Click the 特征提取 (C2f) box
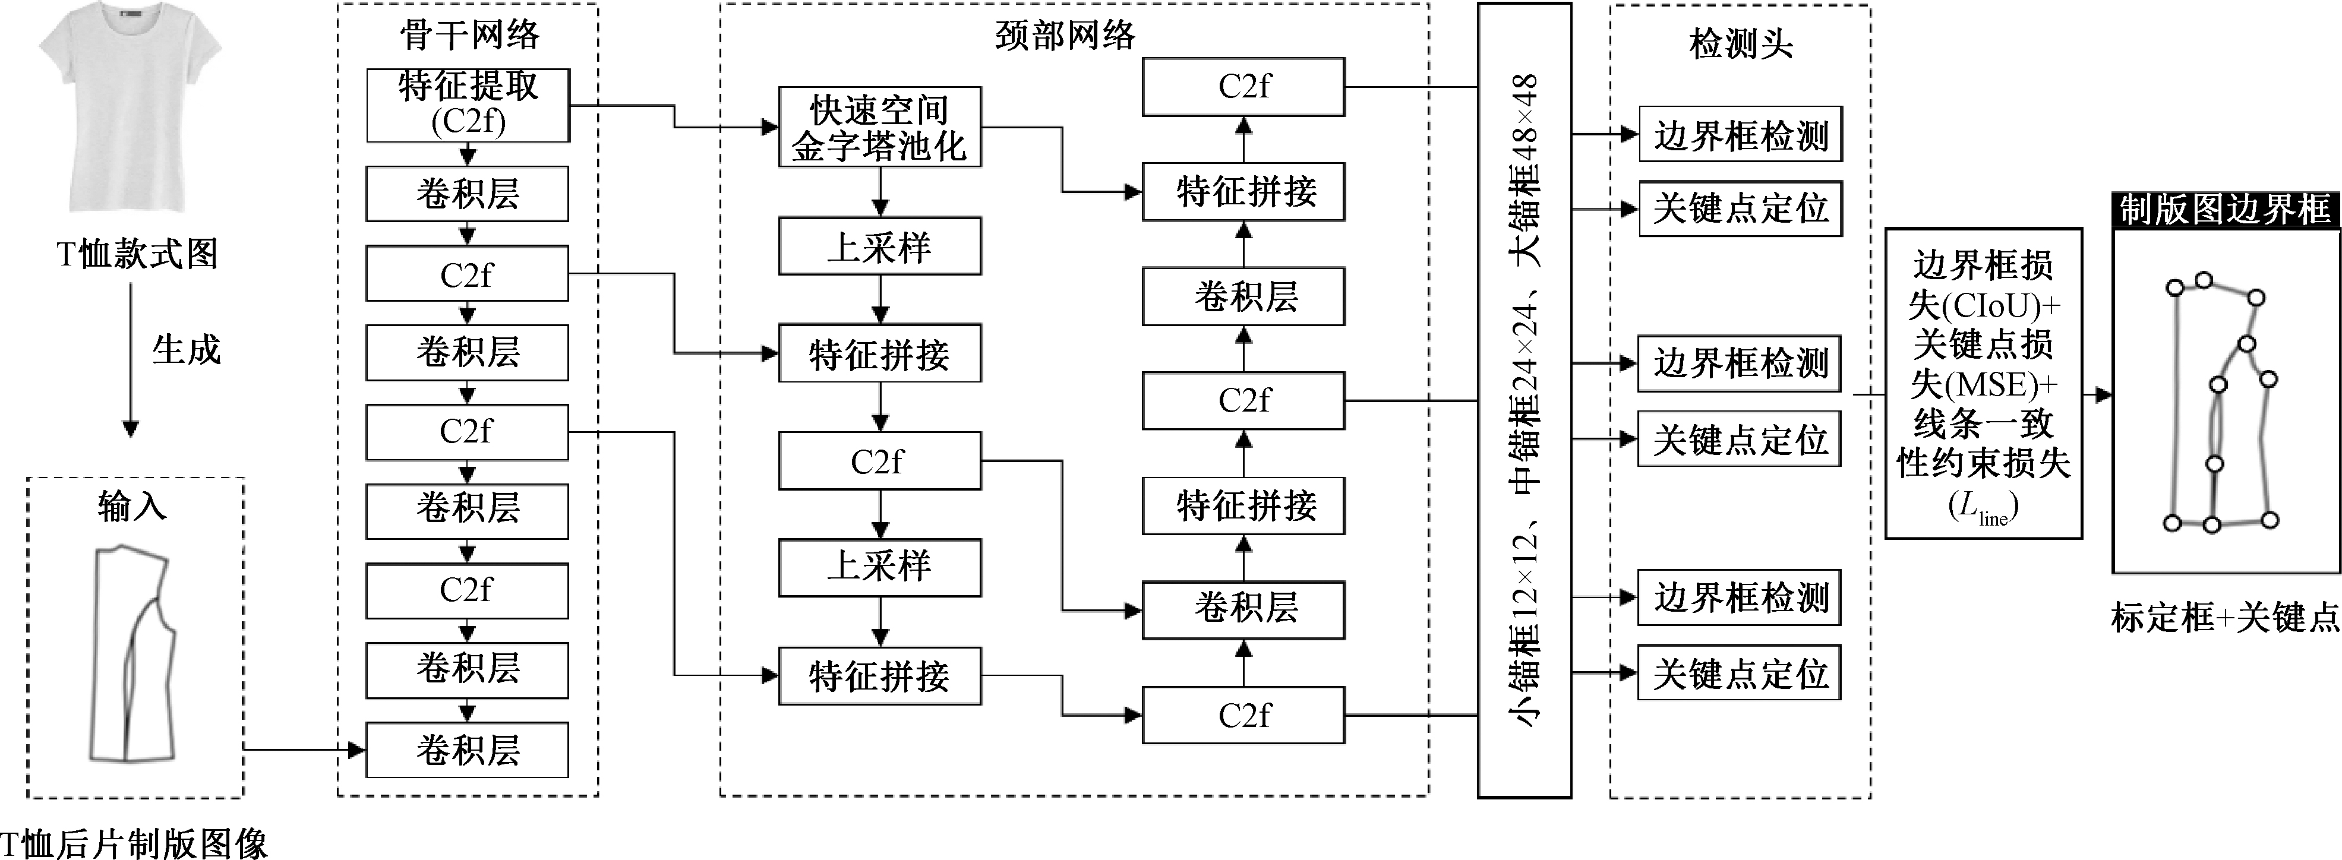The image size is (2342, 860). click(x=468, y=106)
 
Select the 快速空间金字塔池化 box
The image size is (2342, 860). click(x=880, y=127)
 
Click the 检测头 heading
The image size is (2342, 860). click(x=1740, y=43)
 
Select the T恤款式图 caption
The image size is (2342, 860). click(x=137, y=254)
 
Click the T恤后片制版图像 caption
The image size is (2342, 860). click(x=134, y=843)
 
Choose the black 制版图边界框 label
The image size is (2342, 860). click(x=2226, y=210)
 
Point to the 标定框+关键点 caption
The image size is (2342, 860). click(x=2226, y=618)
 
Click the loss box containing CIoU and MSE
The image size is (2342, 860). click(x=1984, y=384)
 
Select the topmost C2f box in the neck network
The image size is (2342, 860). click(x=1243, y=87)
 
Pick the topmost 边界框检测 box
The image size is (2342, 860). click(x=1741, y=135)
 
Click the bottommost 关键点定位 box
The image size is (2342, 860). click(x=1739, y=673)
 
